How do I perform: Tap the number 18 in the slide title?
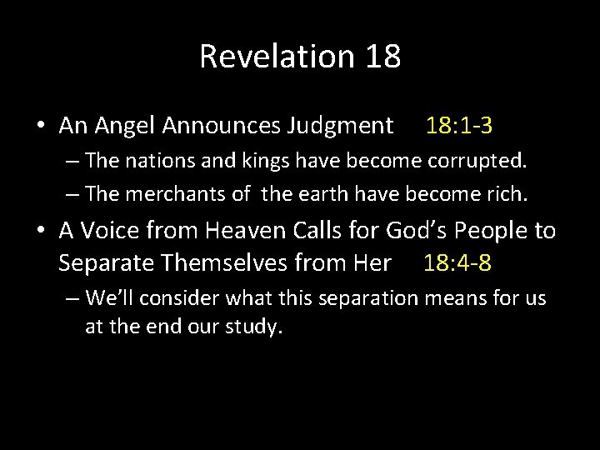coord(382,57)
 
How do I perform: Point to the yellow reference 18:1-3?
coord(459,126)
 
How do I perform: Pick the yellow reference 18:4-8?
coord(457,264)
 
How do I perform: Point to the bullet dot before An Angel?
coord(41,127)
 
